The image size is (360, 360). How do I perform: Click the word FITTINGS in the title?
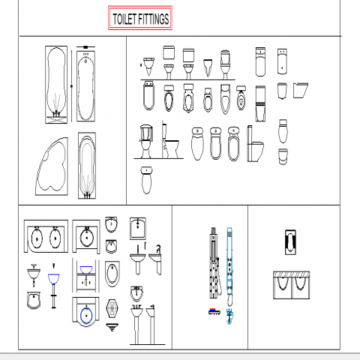154,19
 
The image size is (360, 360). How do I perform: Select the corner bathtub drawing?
52,166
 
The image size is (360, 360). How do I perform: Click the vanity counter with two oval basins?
46,236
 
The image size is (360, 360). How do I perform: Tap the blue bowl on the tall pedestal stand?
53,279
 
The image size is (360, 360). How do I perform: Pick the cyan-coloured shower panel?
229,266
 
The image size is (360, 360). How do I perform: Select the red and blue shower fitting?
214,311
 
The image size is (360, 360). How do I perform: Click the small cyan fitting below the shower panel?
229,316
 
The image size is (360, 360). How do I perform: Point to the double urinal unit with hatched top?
292,285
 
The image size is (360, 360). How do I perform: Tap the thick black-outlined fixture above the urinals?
290,242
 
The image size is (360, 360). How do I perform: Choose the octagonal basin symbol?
112,308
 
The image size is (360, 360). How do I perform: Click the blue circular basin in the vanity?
86,316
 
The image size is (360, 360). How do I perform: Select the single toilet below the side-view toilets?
146,180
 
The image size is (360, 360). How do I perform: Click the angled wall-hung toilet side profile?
301,90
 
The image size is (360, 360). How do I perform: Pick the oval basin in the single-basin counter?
87,238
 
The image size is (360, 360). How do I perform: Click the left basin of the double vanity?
37,238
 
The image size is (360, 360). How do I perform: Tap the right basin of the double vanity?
55,238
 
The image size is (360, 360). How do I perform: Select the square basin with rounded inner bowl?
138,229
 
